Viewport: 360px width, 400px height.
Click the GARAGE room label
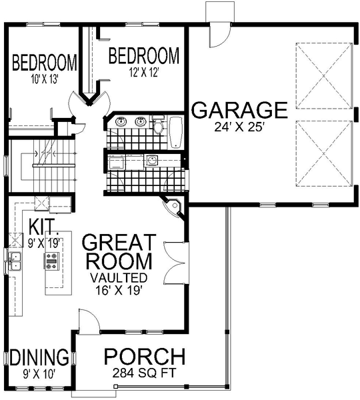tap(239, 109)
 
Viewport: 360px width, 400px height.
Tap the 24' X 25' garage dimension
tap(239, 126)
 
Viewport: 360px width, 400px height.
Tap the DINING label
tap(39, 357)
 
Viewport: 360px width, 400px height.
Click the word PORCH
tap(144, 357)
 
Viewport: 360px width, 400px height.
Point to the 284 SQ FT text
tap(144, 373)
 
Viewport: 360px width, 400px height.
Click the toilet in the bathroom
tap(159, 127)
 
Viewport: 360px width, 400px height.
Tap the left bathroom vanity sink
tap(121, 122)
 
